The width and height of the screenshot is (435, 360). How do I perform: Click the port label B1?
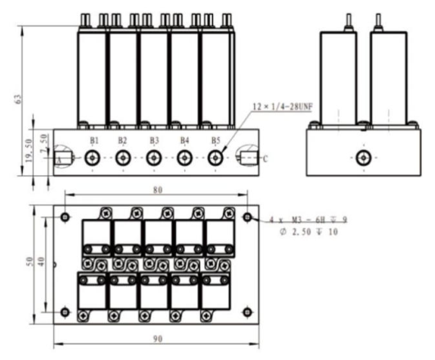(x=95, y=140)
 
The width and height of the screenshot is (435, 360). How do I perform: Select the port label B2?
(x=123, y=140)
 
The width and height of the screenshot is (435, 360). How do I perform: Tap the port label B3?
(x=154, y=140)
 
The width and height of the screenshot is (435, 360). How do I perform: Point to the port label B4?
(x=184, y=140)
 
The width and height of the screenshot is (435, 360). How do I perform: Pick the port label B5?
(x=215, y=140)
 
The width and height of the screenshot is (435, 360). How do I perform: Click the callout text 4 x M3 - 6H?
(x=299, y=219)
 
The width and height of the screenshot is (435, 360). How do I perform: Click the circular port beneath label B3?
(x=154, y=159)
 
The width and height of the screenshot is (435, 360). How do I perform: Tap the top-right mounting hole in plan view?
(x=247, y=216)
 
